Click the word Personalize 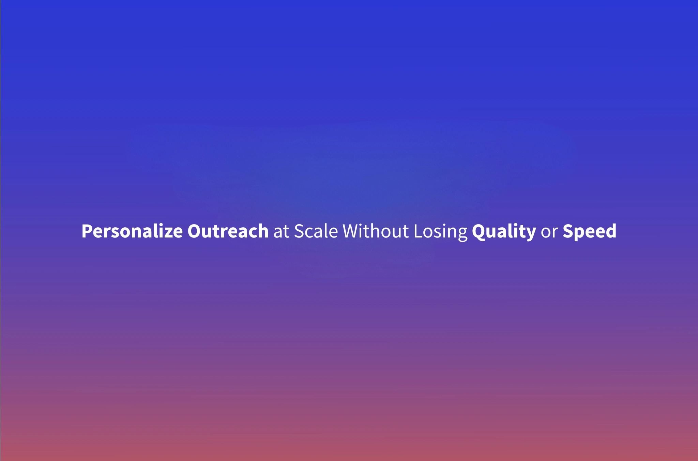tap(132, 231)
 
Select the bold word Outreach tap(228, 231)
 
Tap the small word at tap(281, 232)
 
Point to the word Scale tap(316, 231)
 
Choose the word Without tap(376, 231)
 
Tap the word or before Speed tap(549, 232)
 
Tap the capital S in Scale tap(299, 231)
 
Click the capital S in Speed tap(568, 231)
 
